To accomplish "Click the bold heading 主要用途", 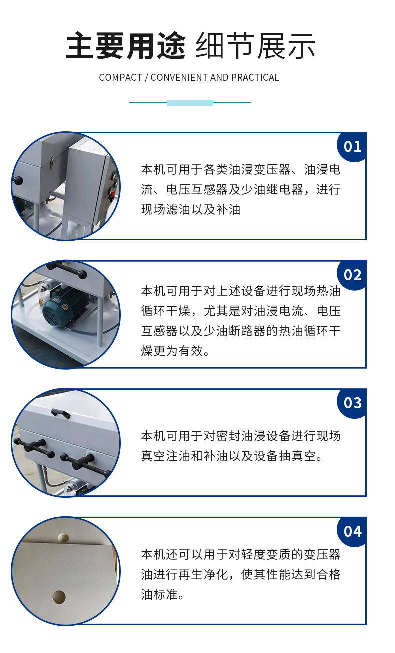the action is click(125, 46).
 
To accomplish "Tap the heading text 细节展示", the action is click(255, 46).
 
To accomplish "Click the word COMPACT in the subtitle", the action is click(120, 77).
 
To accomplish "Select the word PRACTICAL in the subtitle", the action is click(255, 77).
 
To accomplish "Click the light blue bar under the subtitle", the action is click(190, 102).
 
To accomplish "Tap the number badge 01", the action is click(352, 146).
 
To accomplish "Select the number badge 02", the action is click(352, 275).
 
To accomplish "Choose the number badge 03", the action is click(352, 403).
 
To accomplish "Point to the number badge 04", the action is click(352, 531).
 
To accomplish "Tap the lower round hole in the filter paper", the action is click(59, 597).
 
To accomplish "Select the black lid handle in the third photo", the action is click(60, 413).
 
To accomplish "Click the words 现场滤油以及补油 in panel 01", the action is click(191, 210).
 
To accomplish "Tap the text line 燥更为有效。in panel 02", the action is click(175, 351).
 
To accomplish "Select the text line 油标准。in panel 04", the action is click(163, 594).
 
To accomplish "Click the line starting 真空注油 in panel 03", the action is click(232, 456).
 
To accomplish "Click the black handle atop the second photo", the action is click(66, 269).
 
